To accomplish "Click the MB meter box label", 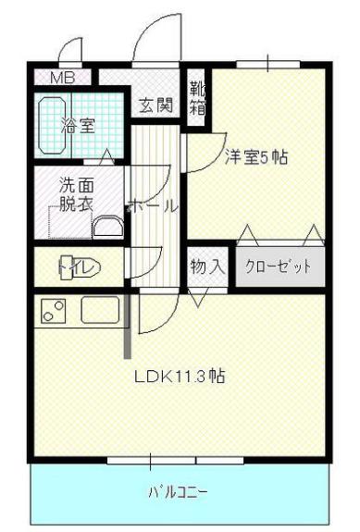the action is tap(62, 78).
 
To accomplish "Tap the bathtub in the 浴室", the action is tap(52, 126).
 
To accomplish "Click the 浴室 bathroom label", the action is tap(78, 125).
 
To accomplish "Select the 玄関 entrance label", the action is tap(156, 105).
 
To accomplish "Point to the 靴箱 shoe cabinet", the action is tap(196, 99).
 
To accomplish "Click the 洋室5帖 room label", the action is tap(256, 157).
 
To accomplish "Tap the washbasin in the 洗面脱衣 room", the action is tap(108, 227).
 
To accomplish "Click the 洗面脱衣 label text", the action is tap(77, 194).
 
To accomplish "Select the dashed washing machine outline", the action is tap(70, 222).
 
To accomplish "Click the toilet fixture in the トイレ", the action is tap(80, 267).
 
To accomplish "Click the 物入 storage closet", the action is tap(207, 266).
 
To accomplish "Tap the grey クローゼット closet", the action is tap(279, 266).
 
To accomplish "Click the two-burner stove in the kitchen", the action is tap(53, 311).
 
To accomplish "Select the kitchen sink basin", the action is tap(100, 310).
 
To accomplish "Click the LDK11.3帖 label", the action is tap(180, 377).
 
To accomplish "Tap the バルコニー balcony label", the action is tap(178, 492).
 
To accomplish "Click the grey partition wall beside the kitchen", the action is tap(128, 325).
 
